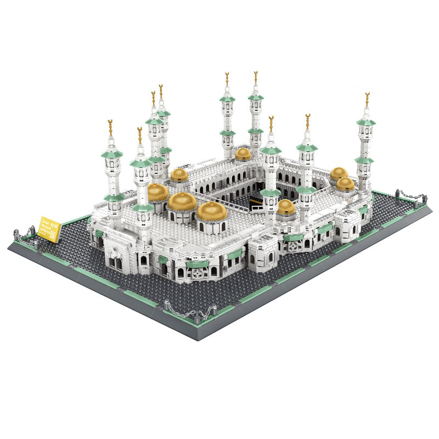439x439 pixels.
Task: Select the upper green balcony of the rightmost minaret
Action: (365, 123)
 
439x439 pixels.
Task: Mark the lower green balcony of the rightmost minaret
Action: (364, 160)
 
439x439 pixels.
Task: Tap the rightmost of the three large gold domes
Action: (211, 211)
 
